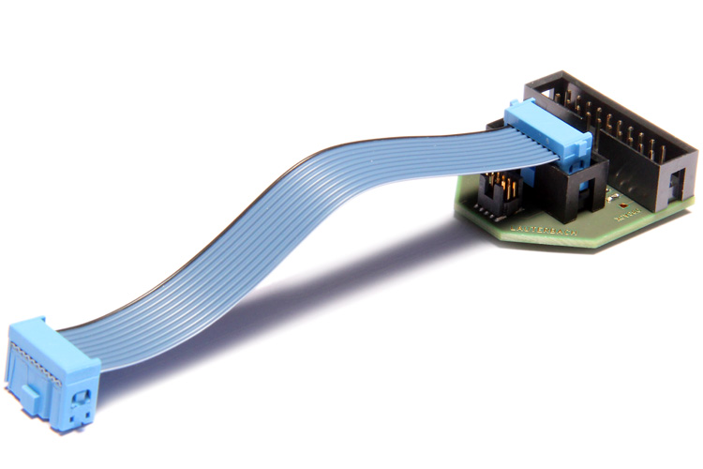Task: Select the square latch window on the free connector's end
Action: [x=81, y=398]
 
